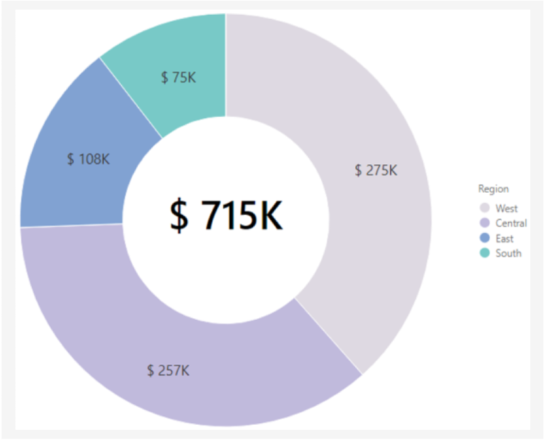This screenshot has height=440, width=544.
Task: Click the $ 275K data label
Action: pyautogui.click(x=375, y=170)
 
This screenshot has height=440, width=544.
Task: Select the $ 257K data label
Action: pyautogui.click(x=168, y=370)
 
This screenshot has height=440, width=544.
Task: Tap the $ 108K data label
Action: pyautogui.click(x=88, y=159)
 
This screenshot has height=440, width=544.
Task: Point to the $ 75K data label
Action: pyautogui.click(x=178, y=77)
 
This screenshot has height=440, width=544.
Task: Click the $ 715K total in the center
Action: pyautogui.click(x=226, y=214)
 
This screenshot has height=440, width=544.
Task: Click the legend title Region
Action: pyautogui.click(x=493, y=189)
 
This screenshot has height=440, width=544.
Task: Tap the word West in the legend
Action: pyautogui.click(x=506, y=209)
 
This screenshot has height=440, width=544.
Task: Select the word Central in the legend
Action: pyautogui.click(x=511, y=224)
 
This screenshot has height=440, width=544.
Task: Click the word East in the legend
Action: pyautogui.click(x=505, y=238)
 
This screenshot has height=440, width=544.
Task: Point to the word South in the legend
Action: pyautogui.click(x=508, y=253)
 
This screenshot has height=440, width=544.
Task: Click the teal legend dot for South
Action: pyautogui.click(x=485, y=253)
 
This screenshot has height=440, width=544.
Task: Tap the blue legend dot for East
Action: pyautogui.click(x=485, y=238)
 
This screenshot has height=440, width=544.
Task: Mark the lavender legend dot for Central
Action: pyautogui.click(x=485, y=224)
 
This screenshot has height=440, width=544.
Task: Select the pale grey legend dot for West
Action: pyautogui.click(x=485, y=209)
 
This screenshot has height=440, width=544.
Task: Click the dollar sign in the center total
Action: pyautogui.click(x=179, y=214)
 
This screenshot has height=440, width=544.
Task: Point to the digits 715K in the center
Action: pyautogui.click(x=242, y=214)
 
